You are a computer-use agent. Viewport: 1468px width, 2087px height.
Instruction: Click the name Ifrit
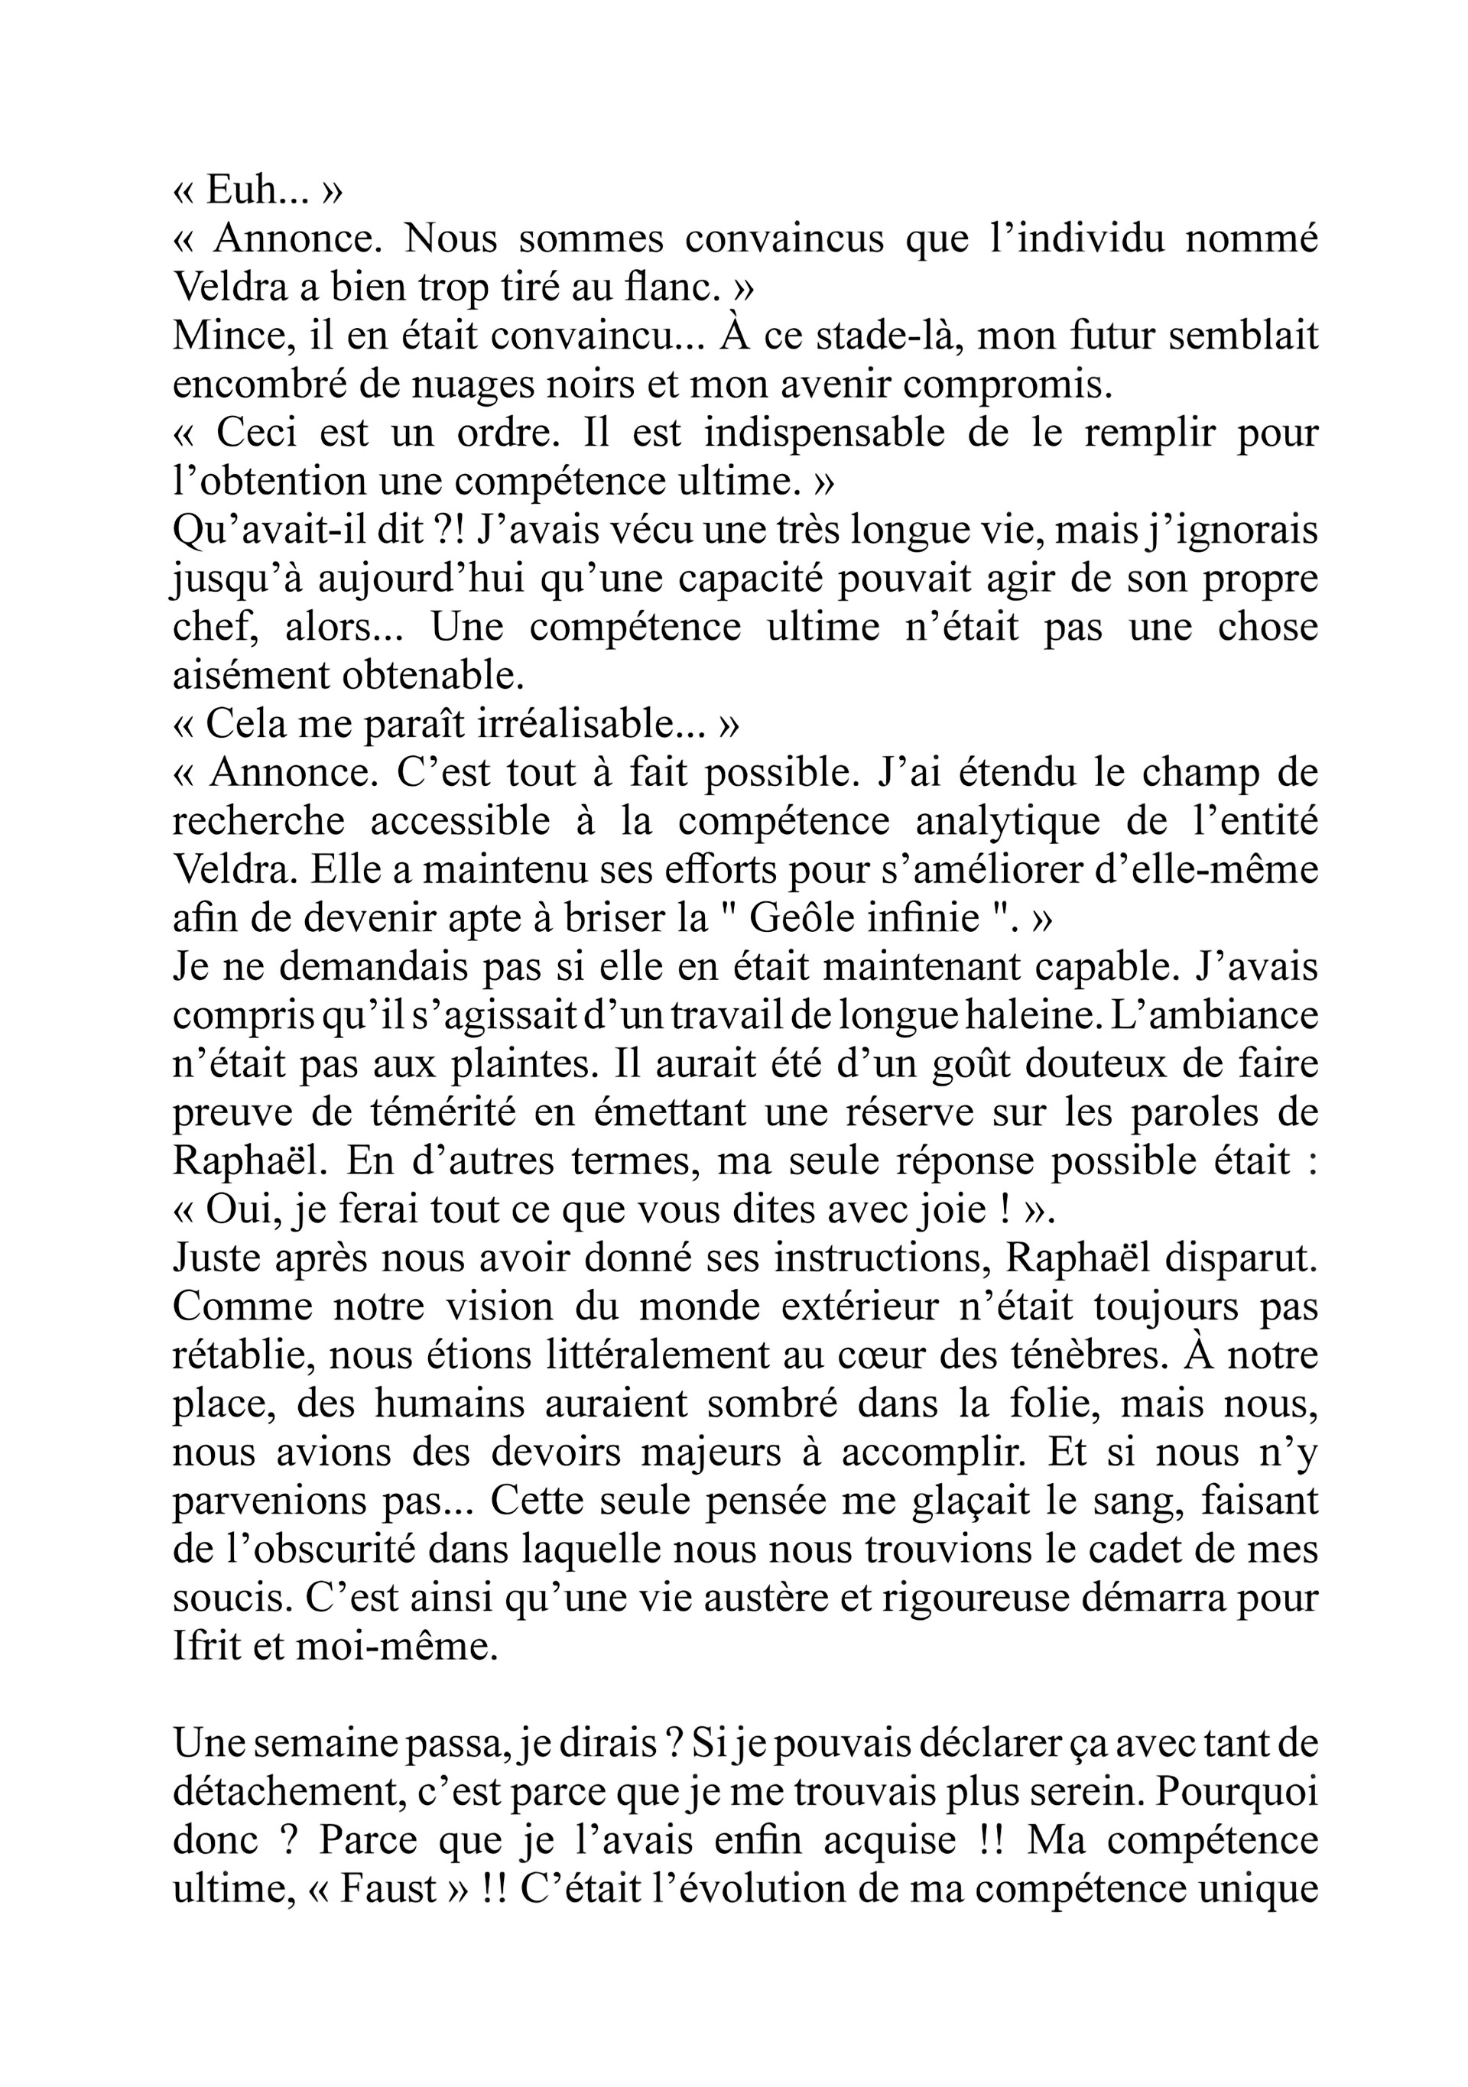coord(206,1646)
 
